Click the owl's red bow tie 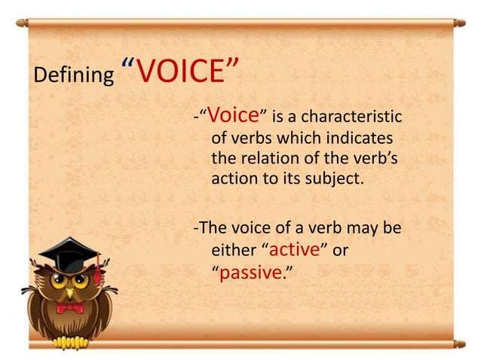coord(70,307)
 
